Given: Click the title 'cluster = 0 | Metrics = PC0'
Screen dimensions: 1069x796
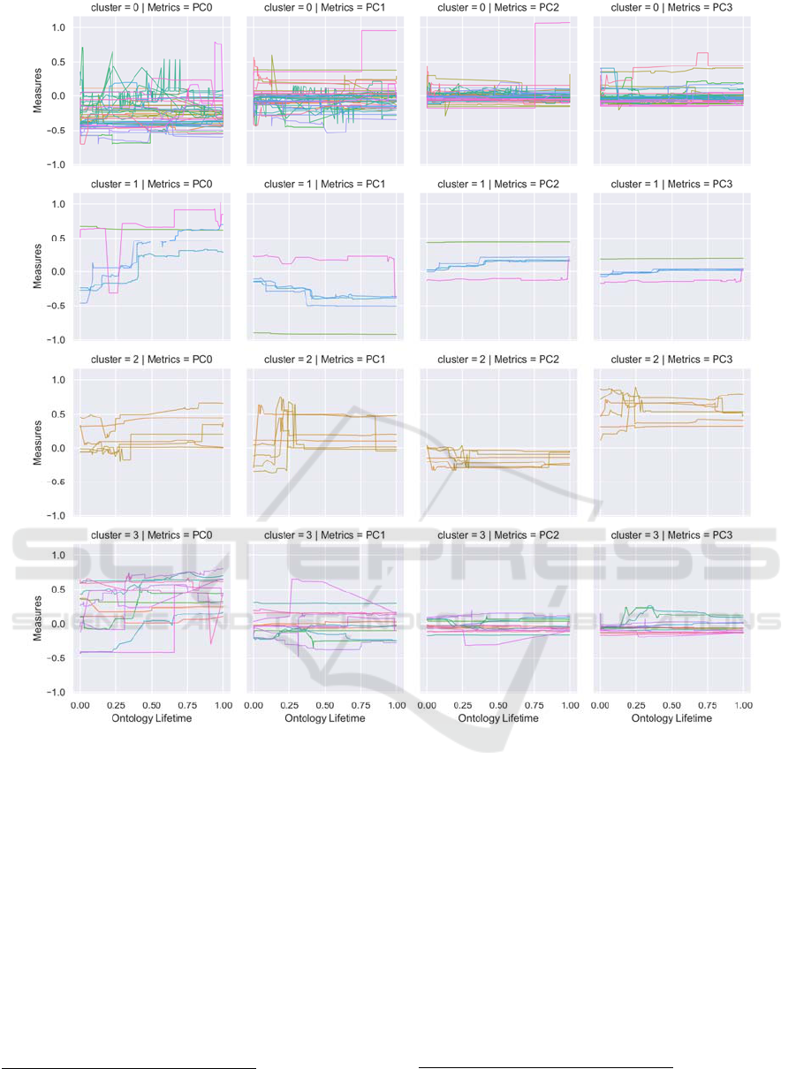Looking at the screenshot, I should point(150,9).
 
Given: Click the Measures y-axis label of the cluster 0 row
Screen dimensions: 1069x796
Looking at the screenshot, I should point(38,95).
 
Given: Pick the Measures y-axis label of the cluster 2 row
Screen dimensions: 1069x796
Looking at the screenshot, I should point(38,447).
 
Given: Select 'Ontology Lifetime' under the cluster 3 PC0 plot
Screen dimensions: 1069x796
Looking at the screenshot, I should point(150,719).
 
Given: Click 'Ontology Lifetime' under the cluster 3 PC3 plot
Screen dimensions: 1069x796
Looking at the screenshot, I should point(671,719).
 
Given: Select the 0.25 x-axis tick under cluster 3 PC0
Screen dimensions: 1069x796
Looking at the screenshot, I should point(115,706).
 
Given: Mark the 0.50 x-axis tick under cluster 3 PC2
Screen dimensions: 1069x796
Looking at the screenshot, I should point(498,706).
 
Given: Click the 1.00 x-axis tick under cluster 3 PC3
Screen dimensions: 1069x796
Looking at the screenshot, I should point(743,706).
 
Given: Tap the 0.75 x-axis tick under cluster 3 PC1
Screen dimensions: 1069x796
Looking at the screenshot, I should point(360,706).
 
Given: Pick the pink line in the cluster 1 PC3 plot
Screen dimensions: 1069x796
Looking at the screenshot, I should point(671,280).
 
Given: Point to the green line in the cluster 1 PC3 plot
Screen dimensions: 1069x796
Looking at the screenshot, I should point(671,259).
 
